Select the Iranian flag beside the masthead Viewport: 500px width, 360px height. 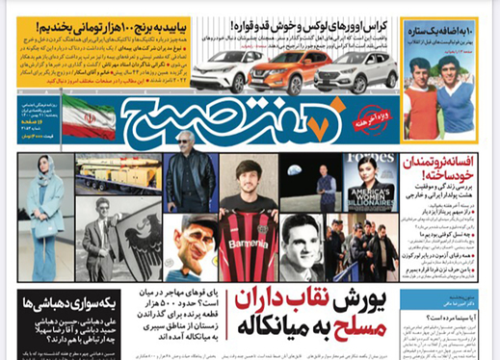88,116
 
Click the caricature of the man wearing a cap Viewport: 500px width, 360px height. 193,249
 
